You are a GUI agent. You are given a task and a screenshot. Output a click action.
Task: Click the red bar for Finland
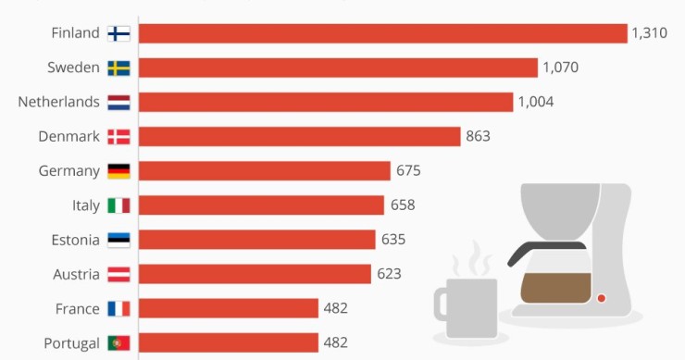[383, 33]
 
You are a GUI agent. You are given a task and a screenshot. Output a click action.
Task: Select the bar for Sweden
[338, 68]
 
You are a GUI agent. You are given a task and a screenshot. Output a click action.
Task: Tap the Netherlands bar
[326, 102]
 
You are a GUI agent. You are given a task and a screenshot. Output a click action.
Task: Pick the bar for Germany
[265, 170]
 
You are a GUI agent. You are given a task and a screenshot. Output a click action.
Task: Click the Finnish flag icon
[118, 33]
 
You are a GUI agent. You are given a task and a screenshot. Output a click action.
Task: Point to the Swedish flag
[118, 68]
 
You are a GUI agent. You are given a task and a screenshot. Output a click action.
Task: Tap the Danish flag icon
[118, 136]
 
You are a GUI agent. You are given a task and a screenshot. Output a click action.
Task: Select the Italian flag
[118, 205]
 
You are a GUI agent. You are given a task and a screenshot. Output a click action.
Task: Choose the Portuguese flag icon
[118, 343]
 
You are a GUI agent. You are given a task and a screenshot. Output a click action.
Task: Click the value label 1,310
[650, 33]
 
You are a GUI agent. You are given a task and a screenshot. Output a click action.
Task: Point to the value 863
[478, 136]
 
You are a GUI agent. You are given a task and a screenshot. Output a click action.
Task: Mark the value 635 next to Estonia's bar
[392, 240]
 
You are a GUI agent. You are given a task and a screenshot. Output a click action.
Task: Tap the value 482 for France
[335, 308]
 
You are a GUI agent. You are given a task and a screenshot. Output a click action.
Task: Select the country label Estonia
[75, 240]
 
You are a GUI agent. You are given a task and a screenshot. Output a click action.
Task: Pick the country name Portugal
[71, 343]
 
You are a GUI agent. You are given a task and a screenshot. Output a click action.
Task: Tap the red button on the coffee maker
[601, 298]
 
